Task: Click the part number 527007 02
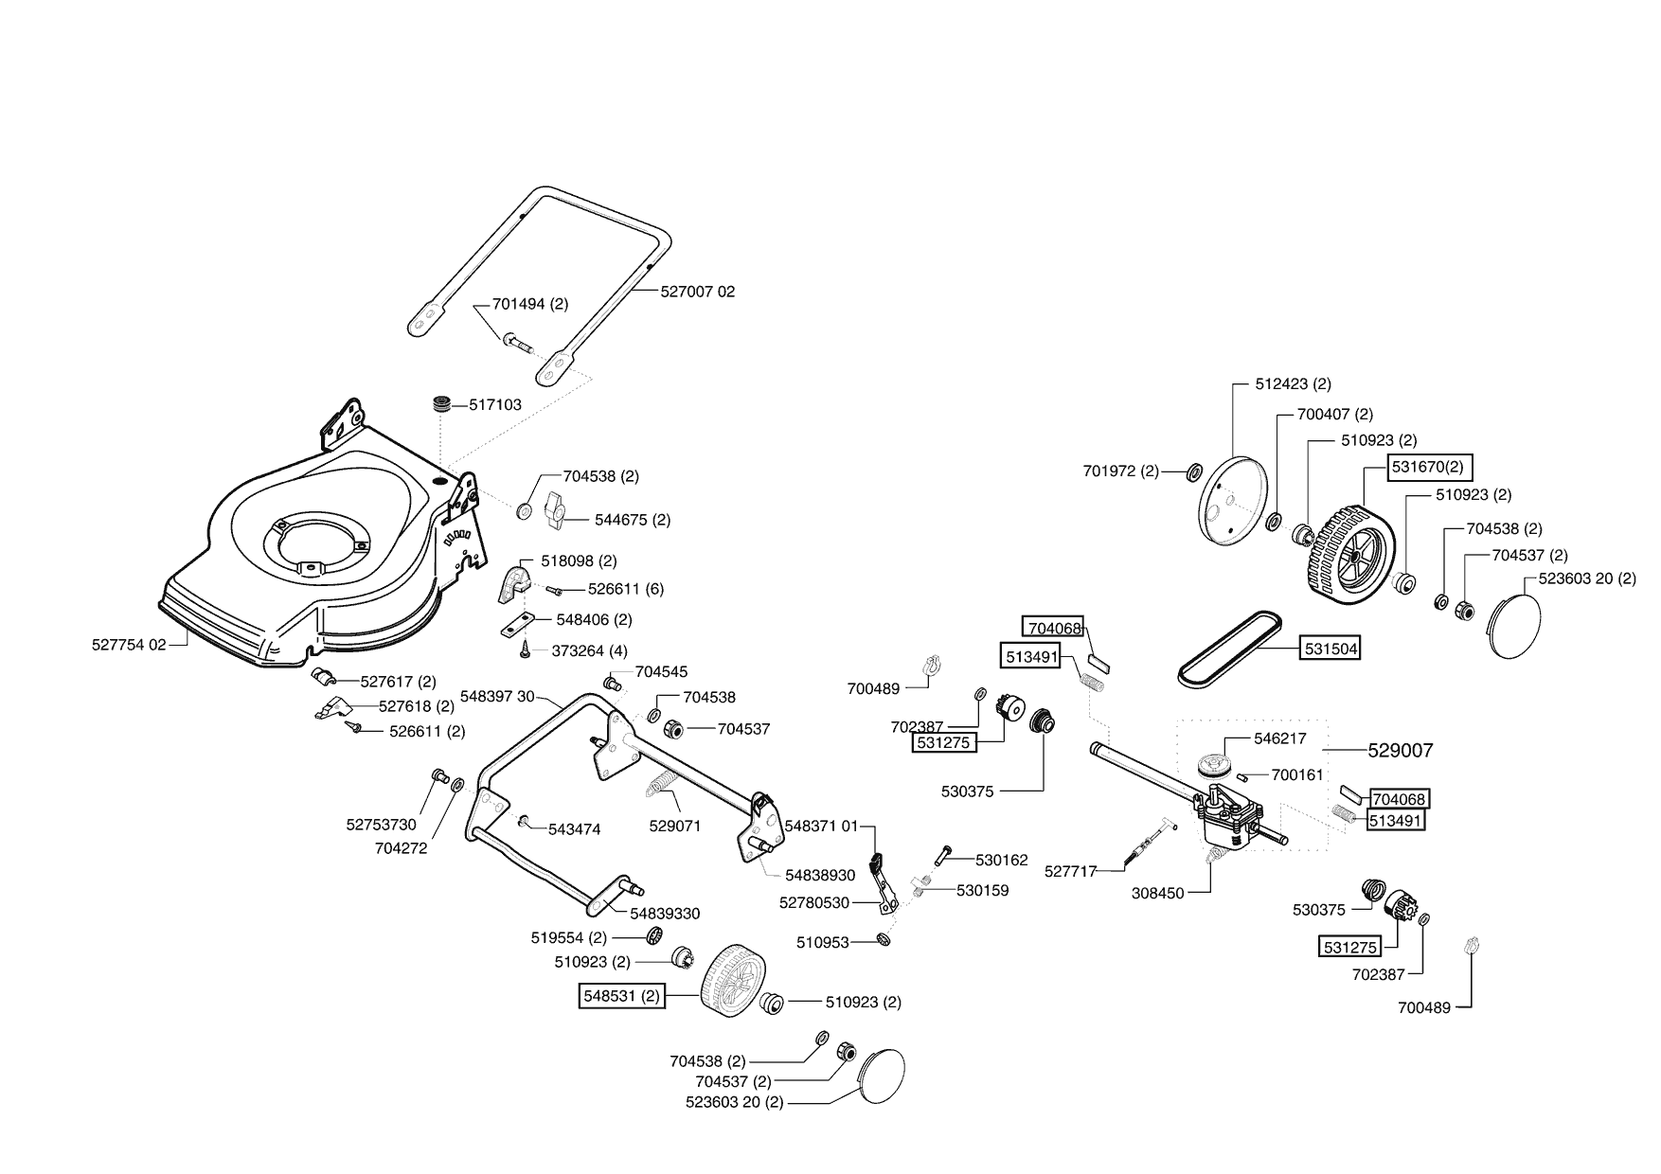(698, 292)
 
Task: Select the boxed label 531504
(1331, 649)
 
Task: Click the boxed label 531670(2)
(1430, 467)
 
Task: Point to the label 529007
(1401, 751)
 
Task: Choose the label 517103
(495, 404)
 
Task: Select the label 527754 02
(129, 645)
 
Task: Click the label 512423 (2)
(1293, 383)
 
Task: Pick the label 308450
(1158, 893)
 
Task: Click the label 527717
(1070, 870)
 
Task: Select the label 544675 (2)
(633, 520)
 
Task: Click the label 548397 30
(497, 696)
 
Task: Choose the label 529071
(675, 826)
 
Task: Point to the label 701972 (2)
(1121, 471)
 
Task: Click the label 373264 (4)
(589, 650)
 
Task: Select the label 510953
(823, 942)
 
